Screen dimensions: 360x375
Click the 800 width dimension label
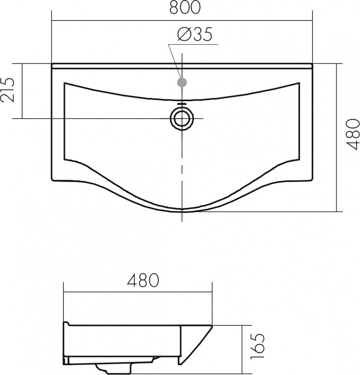(x=184, y=7)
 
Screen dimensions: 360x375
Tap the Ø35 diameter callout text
(x=195, y=34)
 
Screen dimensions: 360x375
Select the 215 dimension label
(x=7, y=90)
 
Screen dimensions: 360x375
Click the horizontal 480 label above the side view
(x=143, y=280)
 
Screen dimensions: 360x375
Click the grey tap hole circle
(x=182, y=82)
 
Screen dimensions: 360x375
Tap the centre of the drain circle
(x=182, y=118)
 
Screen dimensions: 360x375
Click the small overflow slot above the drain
(x=182, y=104)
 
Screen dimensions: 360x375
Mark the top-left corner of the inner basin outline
(x=64, y=83)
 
